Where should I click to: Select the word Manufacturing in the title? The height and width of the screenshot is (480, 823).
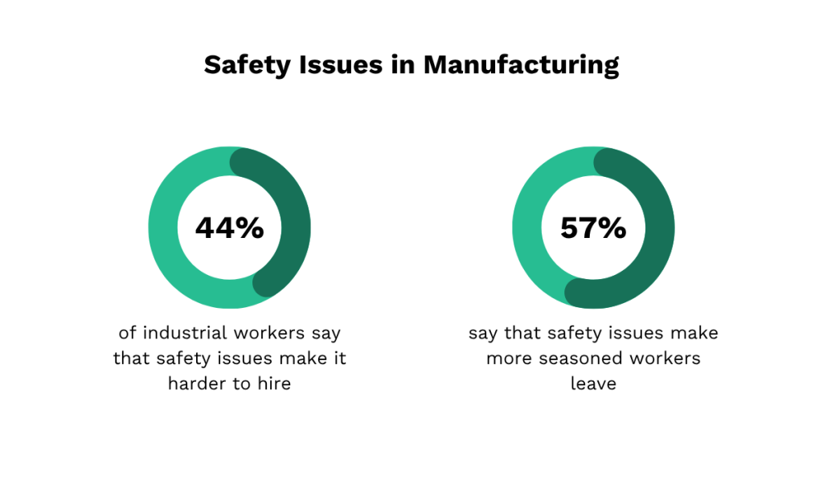pyautogui.click(x=522, y=65)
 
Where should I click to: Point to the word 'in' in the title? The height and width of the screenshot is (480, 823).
pyautogui.click(x=405, y=65)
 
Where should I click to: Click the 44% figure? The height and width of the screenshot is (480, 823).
pyautogui.click(x=230, y=228)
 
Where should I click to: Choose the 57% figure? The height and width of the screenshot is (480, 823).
pyautogui.click(x=594, y=228)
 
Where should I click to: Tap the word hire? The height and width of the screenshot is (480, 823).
pyautogui.click(x=272, y=384)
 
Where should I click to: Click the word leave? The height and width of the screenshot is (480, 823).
pyautogui.click(x=593, y=384)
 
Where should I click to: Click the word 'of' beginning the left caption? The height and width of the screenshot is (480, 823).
pyautogui.click(x=127, y=333)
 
